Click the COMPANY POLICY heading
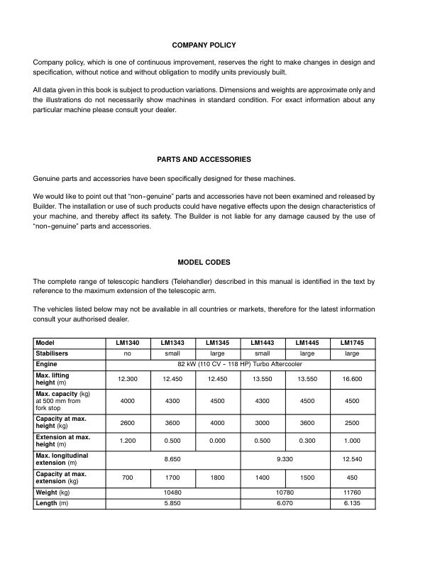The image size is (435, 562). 204,45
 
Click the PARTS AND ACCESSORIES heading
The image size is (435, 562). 204,159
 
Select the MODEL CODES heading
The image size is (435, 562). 204,262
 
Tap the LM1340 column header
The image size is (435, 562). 128,341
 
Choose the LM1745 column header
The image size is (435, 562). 352,341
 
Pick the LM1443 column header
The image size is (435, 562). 263,341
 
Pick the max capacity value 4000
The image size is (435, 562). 128,401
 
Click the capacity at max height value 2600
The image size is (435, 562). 128,423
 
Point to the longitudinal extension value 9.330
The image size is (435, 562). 285,459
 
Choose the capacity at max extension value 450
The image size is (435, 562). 352,478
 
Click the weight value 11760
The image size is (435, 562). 352,492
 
